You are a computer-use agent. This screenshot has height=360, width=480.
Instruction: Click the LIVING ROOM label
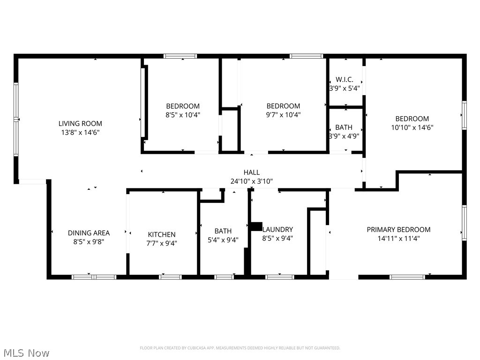(80, 123)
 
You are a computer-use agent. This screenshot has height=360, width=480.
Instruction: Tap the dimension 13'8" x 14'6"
(80, 132)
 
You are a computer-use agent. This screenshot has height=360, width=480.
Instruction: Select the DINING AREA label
(89, 233)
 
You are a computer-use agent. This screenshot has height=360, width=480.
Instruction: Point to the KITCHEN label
(162, 234)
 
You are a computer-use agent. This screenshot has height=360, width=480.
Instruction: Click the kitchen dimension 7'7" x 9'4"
(162, 243)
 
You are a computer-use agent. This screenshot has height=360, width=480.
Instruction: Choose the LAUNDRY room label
(277, 229)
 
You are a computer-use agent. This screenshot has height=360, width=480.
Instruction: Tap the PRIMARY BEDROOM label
(398, 229)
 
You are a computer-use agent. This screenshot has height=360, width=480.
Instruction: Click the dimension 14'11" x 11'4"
(398, 238)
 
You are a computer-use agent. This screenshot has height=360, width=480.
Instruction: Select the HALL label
(252, 172)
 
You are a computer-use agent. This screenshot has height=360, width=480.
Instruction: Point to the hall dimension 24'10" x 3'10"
(252, 181)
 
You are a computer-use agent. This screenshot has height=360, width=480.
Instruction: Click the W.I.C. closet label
(345, 80)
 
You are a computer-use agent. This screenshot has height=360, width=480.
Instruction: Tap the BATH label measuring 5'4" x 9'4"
(223, 231)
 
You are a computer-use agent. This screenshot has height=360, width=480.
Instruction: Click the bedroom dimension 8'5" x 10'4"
(183, 114)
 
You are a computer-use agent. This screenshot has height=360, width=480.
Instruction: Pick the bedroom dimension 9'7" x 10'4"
(283, 114)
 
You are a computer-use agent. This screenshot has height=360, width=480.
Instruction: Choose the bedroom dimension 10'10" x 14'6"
(412, 127)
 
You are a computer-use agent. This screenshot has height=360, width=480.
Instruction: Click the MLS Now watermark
(26, 352)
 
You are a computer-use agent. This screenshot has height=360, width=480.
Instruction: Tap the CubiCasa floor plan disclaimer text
(240, 348)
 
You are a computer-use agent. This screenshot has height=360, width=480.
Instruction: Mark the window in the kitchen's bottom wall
(170, 277)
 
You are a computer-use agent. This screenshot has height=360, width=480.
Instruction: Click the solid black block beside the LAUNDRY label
(256, 226)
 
